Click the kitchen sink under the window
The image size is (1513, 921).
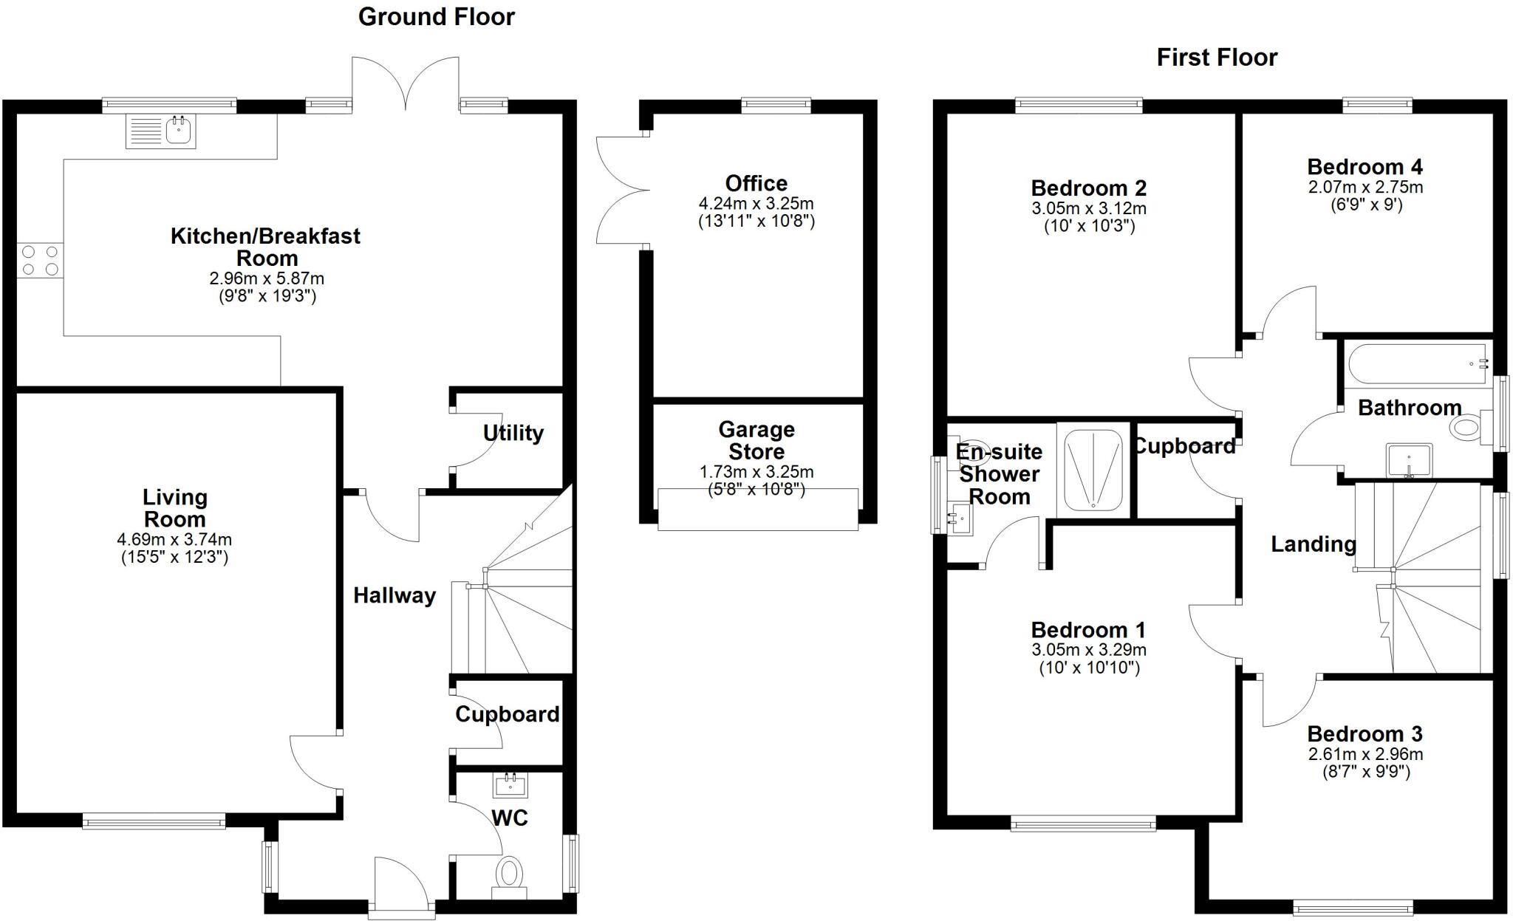click(161, 131)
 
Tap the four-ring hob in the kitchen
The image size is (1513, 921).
click(40, 261)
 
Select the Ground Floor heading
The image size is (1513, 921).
click(436, 17)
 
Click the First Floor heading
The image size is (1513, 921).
click(1216, 58)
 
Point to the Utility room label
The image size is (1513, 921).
click(513, 433)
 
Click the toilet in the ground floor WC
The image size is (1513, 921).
click(509, 875)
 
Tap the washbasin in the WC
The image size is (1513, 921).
click(510, 784)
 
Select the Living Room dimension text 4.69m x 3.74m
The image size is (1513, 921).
click(174, 540)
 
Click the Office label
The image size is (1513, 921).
click(756, 183)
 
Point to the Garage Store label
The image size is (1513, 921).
click(756, 440)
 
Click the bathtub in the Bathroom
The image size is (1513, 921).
click(1417, 363)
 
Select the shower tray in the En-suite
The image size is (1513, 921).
click(1094, 469)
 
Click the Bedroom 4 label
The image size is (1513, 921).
click(1365, 167)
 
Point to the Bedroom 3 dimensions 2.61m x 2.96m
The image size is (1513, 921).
click(1365, 754)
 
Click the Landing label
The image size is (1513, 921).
click(1313, 544)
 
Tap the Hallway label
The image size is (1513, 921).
click(394, 595)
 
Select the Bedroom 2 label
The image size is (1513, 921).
click(1088, 188)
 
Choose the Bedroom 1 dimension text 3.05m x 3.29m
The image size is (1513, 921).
click(1088, 650)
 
